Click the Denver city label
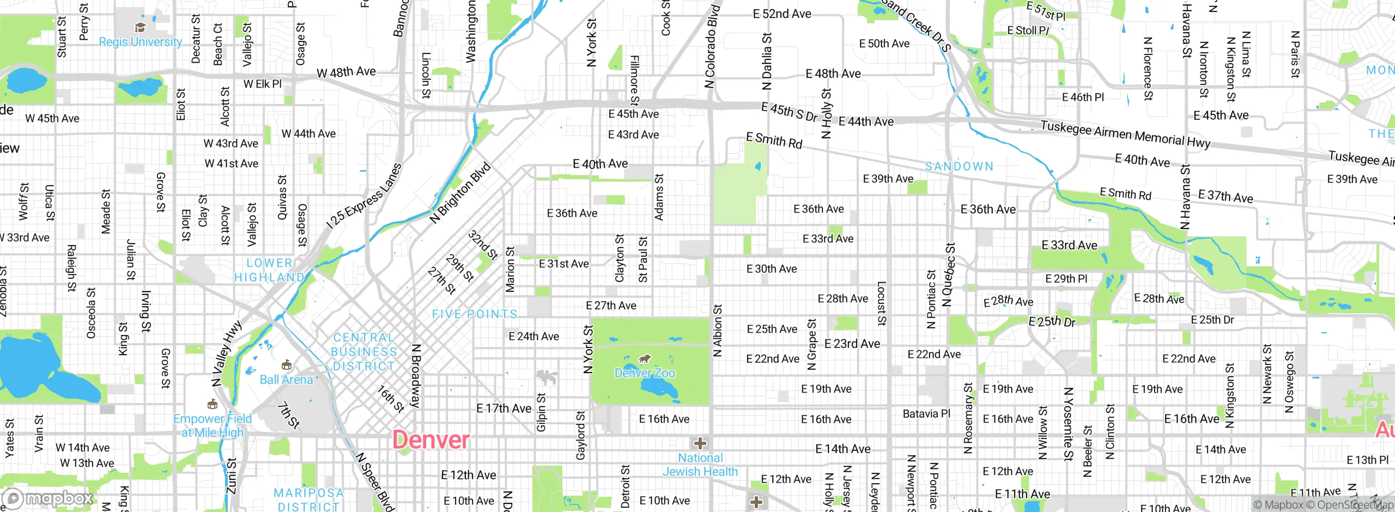click(430, 440)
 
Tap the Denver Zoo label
click(645, 373)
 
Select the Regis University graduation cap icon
click(140, 28)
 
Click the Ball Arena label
click(286, 380)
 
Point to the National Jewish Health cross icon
click(700, 443)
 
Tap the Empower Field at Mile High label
click(213, 425)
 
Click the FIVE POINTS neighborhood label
click(474, 314)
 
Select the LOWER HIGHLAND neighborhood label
click(269, 270)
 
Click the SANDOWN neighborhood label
click(959, 166)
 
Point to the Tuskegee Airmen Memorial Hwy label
click(1125, 134)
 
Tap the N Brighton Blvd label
click(460, 193)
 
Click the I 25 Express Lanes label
click(364, 196)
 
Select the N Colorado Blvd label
click(712, 46)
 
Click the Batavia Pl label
click(926, 413)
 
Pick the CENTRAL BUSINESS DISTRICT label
click(363, 352)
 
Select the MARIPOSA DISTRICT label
click(308, 499)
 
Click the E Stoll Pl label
click(1028, 31)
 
